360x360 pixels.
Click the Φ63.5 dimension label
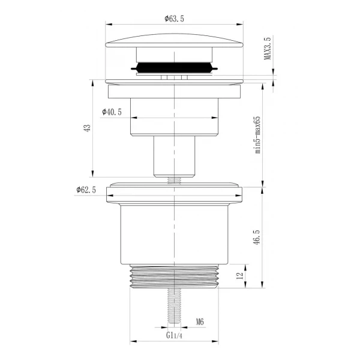(174, 19)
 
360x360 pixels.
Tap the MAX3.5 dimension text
(267, 48)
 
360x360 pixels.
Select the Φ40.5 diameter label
(112, 112)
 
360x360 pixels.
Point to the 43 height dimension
(87, 128)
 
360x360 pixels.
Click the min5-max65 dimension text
(258, 135)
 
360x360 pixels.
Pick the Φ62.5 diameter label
(86, 190)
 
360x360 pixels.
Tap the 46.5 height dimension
(257, 238)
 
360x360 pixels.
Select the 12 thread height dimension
(239, 275)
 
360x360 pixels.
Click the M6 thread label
(200, 322)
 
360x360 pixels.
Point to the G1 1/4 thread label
(174, 335)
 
